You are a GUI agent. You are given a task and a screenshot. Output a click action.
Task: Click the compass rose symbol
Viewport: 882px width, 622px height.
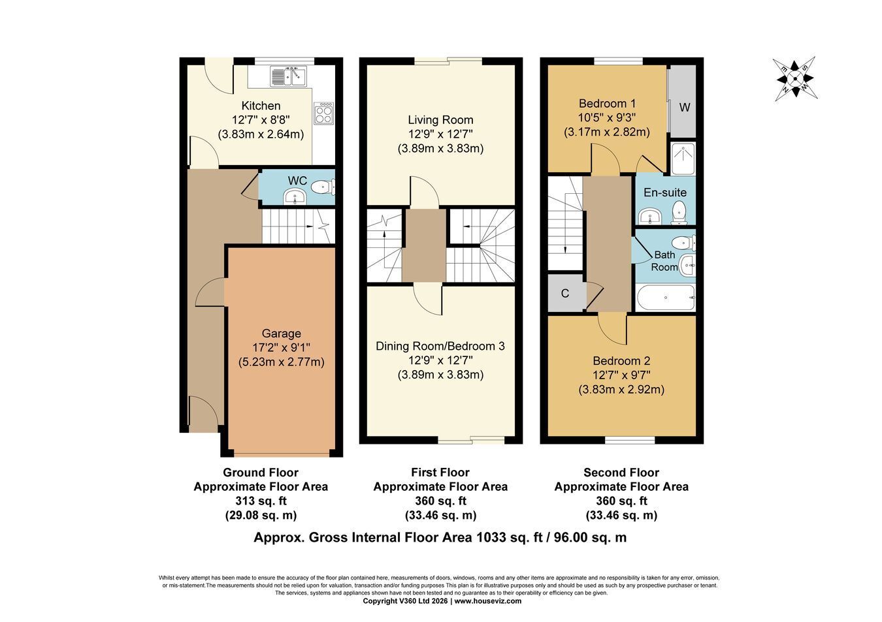coord(794,79)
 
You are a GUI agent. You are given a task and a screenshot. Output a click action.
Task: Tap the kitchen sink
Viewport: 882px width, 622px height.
coord(289,76)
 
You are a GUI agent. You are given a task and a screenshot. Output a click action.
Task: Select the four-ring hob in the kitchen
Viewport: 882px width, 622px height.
coord(323,114)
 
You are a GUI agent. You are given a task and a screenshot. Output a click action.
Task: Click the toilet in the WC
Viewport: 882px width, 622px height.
coord(323,186)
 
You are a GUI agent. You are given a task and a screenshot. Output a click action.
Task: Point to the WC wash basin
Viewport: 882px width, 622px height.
coord(295,196)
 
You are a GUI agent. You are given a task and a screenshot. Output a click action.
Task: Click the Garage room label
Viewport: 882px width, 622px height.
coord(281,334)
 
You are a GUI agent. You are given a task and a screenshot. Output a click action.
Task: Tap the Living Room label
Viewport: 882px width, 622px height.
coord(440,120)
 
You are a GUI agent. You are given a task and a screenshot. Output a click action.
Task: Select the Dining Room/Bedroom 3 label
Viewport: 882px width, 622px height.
coord(440,346)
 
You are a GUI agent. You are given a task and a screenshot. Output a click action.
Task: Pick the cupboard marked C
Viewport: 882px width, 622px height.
coord(565,293)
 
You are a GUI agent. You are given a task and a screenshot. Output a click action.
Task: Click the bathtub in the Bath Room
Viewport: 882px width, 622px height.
coord(666,298)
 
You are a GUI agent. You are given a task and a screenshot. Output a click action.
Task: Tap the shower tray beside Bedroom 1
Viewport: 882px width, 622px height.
coord(683,159)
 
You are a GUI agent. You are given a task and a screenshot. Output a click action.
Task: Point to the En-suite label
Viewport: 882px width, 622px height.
coord(665,193)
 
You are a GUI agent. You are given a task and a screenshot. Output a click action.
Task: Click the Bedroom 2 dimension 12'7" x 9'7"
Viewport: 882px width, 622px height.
coord(621,375)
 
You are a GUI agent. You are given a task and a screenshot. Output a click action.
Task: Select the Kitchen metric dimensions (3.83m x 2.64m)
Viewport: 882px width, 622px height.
coord(261,134)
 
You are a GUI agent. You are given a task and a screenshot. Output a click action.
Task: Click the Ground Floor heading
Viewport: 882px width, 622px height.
coord(261,473)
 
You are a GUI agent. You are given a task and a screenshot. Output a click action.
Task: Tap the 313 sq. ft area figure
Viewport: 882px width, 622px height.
coord(261,501)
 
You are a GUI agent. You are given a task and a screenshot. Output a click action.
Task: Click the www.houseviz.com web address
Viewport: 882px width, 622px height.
coord(488,600)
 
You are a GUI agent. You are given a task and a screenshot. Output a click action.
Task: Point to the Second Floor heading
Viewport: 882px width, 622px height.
coord(621,473)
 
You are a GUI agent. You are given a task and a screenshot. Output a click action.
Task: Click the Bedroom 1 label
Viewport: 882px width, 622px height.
coord(607,104)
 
